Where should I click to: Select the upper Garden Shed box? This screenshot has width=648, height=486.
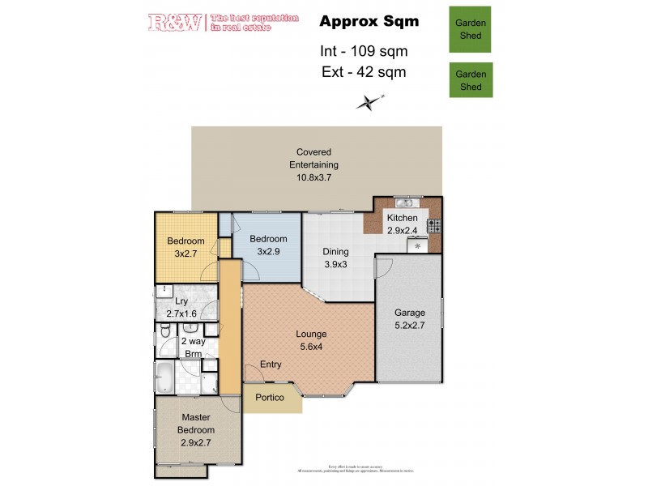pyautogui.click(x=471, y=30)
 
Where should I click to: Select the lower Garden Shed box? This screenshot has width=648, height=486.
pyautogui.click(x=471, y=81)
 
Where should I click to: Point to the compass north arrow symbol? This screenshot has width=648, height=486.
pyautogui.click(x=369, y=101)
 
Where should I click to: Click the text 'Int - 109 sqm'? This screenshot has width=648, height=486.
pyautogui.click(x=364, y=51)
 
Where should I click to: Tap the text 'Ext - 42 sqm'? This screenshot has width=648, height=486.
pyautogui.click(x=364, y=72)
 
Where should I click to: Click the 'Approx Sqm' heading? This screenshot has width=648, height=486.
pyautogui.click(x=369, y=22)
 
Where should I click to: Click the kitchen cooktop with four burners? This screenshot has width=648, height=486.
pyautogui.click(x=434, y=225)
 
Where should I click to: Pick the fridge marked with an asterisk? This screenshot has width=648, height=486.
pyautogui.click(x=418, y=245)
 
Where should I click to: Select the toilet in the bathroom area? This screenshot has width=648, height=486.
pyautogui.click(x=165, y=330)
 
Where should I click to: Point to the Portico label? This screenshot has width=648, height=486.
pyautogui.click(x=270, y=398)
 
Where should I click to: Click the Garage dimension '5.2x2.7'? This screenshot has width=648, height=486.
pyautogui.click(x=409, y=326)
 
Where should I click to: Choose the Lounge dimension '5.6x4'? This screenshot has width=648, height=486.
pyautogui.click(x=311, y=347)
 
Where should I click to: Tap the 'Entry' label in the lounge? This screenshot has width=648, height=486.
pyautogui.click(x=271, y=365)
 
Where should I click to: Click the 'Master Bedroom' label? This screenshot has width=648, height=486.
pyautogui.click(x=197, y=424)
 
